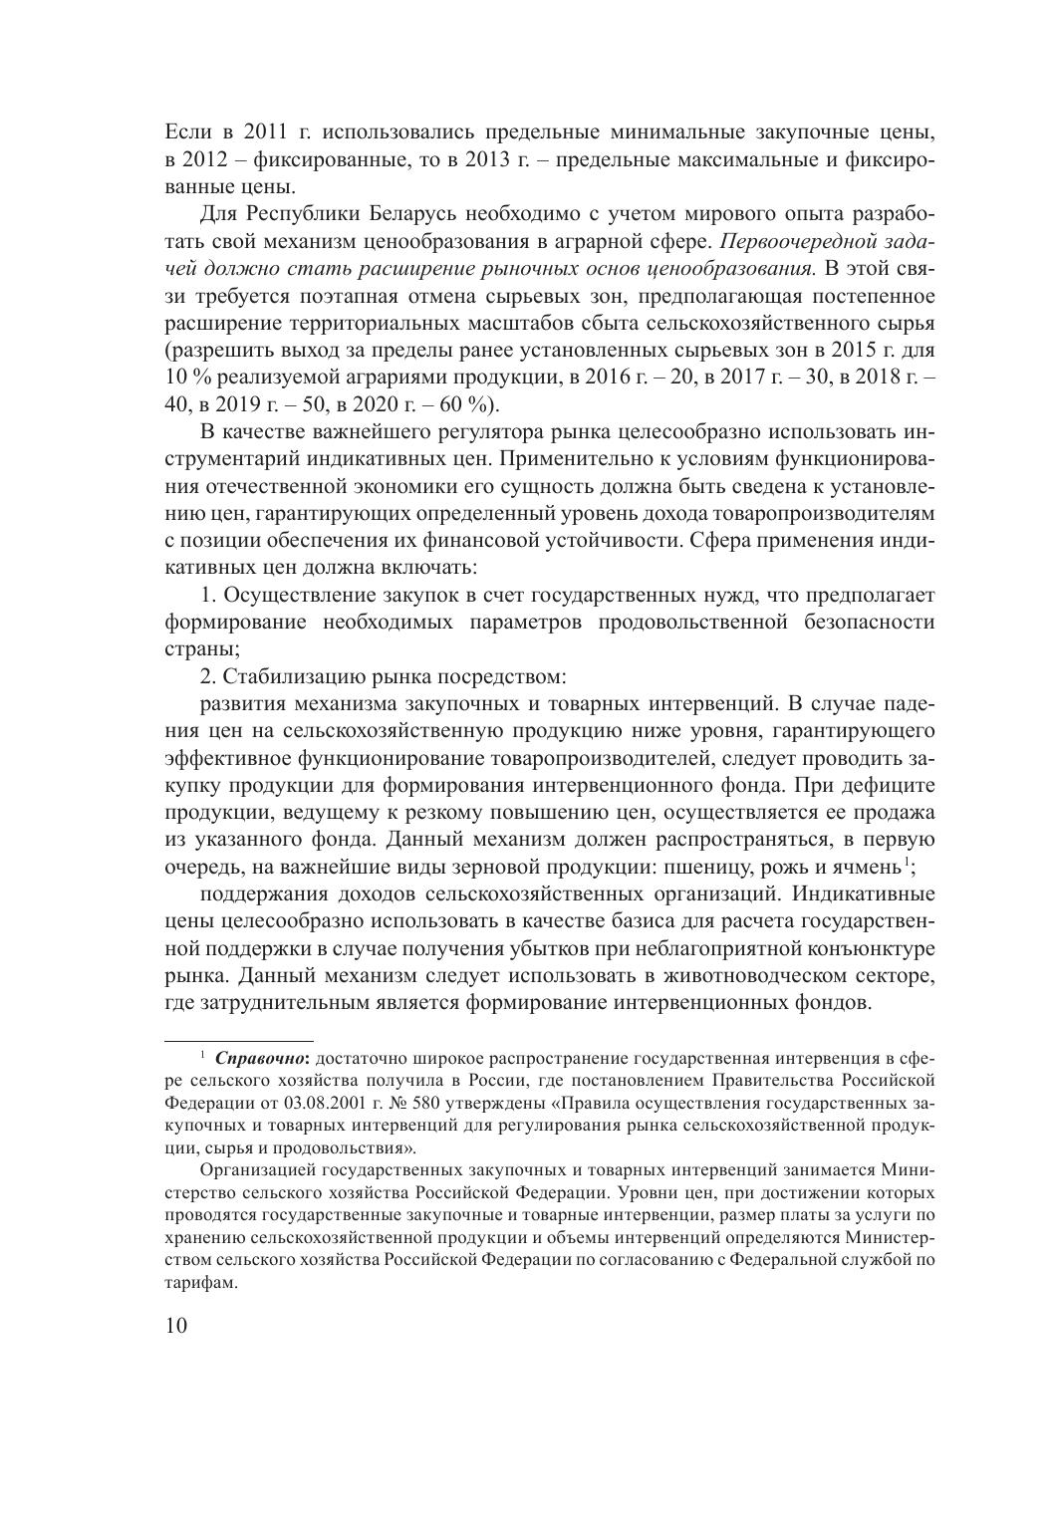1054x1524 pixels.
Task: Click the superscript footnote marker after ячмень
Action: tap(905, 861)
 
